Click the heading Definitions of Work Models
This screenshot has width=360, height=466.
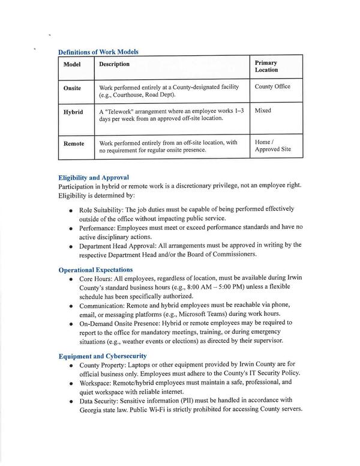tap(98, 52)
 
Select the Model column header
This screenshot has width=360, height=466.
tap(73, 64)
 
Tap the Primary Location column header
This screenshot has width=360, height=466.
tap(266, 66)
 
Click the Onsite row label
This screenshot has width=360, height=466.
tap(73, 88)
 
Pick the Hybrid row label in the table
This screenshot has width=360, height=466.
tap(73, 112)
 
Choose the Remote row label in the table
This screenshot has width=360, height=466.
tap(74, 144)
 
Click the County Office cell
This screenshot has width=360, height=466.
tap(272, 86)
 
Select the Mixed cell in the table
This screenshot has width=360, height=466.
tap(263, 111)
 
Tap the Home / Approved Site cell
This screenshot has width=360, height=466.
tap(272, 145)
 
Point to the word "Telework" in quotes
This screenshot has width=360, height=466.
tap(123, 111)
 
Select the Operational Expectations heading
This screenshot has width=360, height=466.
tap(95, 270)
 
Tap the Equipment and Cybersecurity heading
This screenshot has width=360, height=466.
tap(103, 356)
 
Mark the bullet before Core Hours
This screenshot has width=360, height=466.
tap(71, 280)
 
